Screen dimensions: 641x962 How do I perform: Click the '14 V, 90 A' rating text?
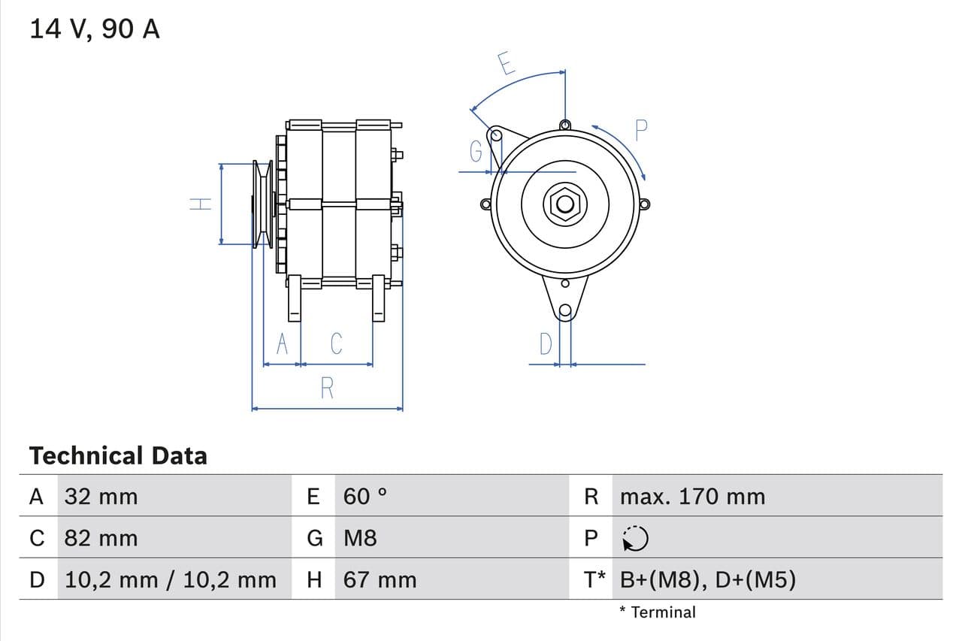coord(95,29)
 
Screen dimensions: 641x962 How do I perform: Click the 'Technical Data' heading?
coord(118,455)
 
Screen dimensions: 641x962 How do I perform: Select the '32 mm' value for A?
coord(101,496)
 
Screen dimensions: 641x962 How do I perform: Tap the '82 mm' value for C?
coord(101,538)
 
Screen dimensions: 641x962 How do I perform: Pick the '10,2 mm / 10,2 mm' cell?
coord(171,579)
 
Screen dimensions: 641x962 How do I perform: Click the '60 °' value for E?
coord(365,496)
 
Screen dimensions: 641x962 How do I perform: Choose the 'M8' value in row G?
coord(360,538)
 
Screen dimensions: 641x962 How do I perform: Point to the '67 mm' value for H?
coord(380,579)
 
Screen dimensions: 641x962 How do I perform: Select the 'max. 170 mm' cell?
coord(692,496)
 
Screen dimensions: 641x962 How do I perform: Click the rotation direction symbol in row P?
coord(635,538)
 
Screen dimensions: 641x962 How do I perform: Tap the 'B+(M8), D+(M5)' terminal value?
coord(708,579)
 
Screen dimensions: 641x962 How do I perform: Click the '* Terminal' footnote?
coord(658,612)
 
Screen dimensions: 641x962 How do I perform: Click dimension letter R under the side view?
coord(327,389)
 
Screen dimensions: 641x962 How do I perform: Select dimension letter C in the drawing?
coord(336,343)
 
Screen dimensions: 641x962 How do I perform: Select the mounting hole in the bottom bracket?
coord(565,311)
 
